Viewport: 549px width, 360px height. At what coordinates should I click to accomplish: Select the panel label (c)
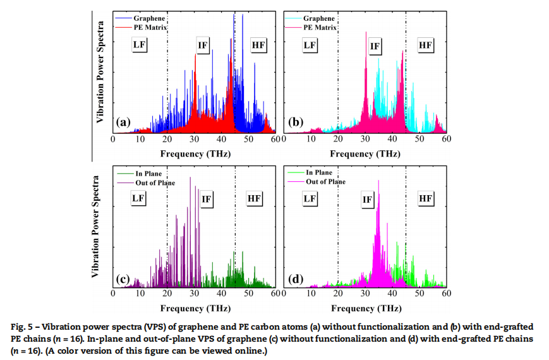point(123,278)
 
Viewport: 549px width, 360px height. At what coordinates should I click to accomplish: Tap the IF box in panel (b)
point(375,46)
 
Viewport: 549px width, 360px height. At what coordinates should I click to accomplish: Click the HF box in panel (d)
point(425,199)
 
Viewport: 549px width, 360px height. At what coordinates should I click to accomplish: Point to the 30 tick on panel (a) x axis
point(195,140)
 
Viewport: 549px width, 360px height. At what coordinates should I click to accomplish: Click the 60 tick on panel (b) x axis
point(446,140)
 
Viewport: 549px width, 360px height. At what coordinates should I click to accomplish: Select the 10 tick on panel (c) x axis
point(140,294)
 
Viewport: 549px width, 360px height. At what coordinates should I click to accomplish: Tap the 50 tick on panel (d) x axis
point(419,294)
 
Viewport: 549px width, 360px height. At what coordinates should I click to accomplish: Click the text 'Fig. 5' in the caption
point(22,327)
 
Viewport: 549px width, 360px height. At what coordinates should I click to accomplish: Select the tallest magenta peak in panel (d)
point(378,181)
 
